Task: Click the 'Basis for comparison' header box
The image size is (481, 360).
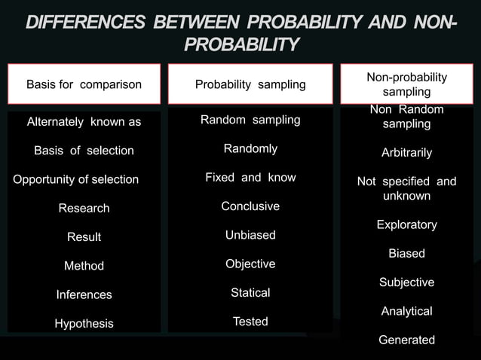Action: [x=84, y=84]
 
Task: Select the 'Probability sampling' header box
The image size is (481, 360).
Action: [x=250, y=84]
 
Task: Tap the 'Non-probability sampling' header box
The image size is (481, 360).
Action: [x=406, y=84]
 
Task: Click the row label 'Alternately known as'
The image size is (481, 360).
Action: [x=84, y=122]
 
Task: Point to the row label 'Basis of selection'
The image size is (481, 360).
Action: [x=84, y=151]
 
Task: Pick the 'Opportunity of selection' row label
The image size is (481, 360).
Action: [x=76, y=179]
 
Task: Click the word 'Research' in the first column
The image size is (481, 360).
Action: [x=84, y=208]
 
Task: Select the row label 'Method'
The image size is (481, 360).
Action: [x=84, y=266]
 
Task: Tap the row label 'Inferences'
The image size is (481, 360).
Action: [x=84, y=294]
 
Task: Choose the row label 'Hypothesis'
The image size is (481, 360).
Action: [x=84, y=323]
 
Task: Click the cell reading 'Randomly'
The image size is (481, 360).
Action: [x=250, y=148]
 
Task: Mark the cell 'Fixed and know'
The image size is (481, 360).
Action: [x=250, y=178]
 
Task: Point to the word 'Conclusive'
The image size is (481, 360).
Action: [x=250, y=206]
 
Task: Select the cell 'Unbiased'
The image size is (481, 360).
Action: [x=250, y=235]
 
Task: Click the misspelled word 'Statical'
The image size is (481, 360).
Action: [x=250, y=292]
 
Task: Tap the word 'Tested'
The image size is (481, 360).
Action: [x=250, y=322]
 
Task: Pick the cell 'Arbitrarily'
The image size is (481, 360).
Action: [x=406, y=153]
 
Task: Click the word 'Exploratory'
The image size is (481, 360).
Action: [x=406, y=224]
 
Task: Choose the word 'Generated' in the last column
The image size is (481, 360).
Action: [x=406, y=340]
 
